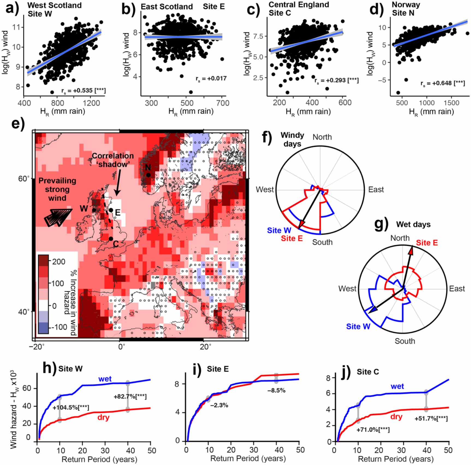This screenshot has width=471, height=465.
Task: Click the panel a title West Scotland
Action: (x=54, y=5)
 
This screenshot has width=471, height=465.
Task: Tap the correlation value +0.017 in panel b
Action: (x=211, y=79)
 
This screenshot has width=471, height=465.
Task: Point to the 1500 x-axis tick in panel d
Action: (x=451, y=103)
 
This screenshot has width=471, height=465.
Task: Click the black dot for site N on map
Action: (x=148, y=175)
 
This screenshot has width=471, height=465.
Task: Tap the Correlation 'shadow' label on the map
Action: (x=112, y=160)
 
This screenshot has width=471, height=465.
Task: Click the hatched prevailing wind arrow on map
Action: (x=58, y=217)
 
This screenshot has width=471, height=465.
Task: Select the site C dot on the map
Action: (x=111, y=239)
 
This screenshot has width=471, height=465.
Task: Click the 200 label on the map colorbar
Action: (x=59, y=262)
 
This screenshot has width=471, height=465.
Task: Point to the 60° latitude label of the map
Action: (x=24, y=179)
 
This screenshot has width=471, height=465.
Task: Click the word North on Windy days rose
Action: (x=322, y=137)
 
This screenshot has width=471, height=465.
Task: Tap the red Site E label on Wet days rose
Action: (x=426, y=243)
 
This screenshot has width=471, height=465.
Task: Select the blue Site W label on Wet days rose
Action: (x=358, y=326)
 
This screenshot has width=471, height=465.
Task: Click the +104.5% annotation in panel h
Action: (x=71, y=407)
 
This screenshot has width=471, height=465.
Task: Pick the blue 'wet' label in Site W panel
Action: (x=105, y=379)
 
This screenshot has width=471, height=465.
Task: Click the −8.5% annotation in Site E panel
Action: (x=276, y=391)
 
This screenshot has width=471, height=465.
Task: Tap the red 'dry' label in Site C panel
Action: (x=396, y=416)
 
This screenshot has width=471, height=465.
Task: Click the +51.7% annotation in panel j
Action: (x=431, y=418)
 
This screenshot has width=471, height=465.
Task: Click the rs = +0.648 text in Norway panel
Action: (x=443, y=83)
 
